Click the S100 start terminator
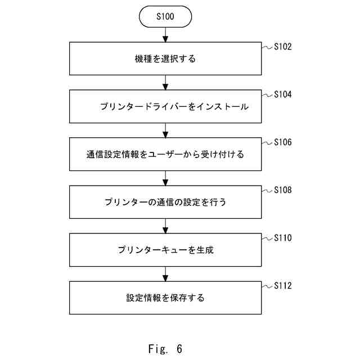pos(165,17)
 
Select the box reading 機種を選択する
pos(165,58)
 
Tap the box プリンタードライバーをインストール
pos(165,106)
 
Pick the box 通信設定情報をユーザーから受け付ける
pos(165,154)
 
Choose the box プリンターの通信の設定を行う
pos(165,202)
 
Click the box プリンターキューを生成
pos(165,250)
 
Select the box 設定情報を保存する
pos(165,298)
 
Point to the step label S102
pos(283,47)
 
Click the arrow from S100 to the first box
pos(165,34)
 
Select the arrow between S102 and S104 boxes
pos(165,83)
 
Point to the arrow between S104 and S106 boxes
pos(165,130)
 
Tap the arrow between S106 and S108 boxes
pos(165,178)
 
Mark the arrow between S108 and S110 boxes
pos(165,226)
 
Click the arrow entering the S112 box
pos(165,274)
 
